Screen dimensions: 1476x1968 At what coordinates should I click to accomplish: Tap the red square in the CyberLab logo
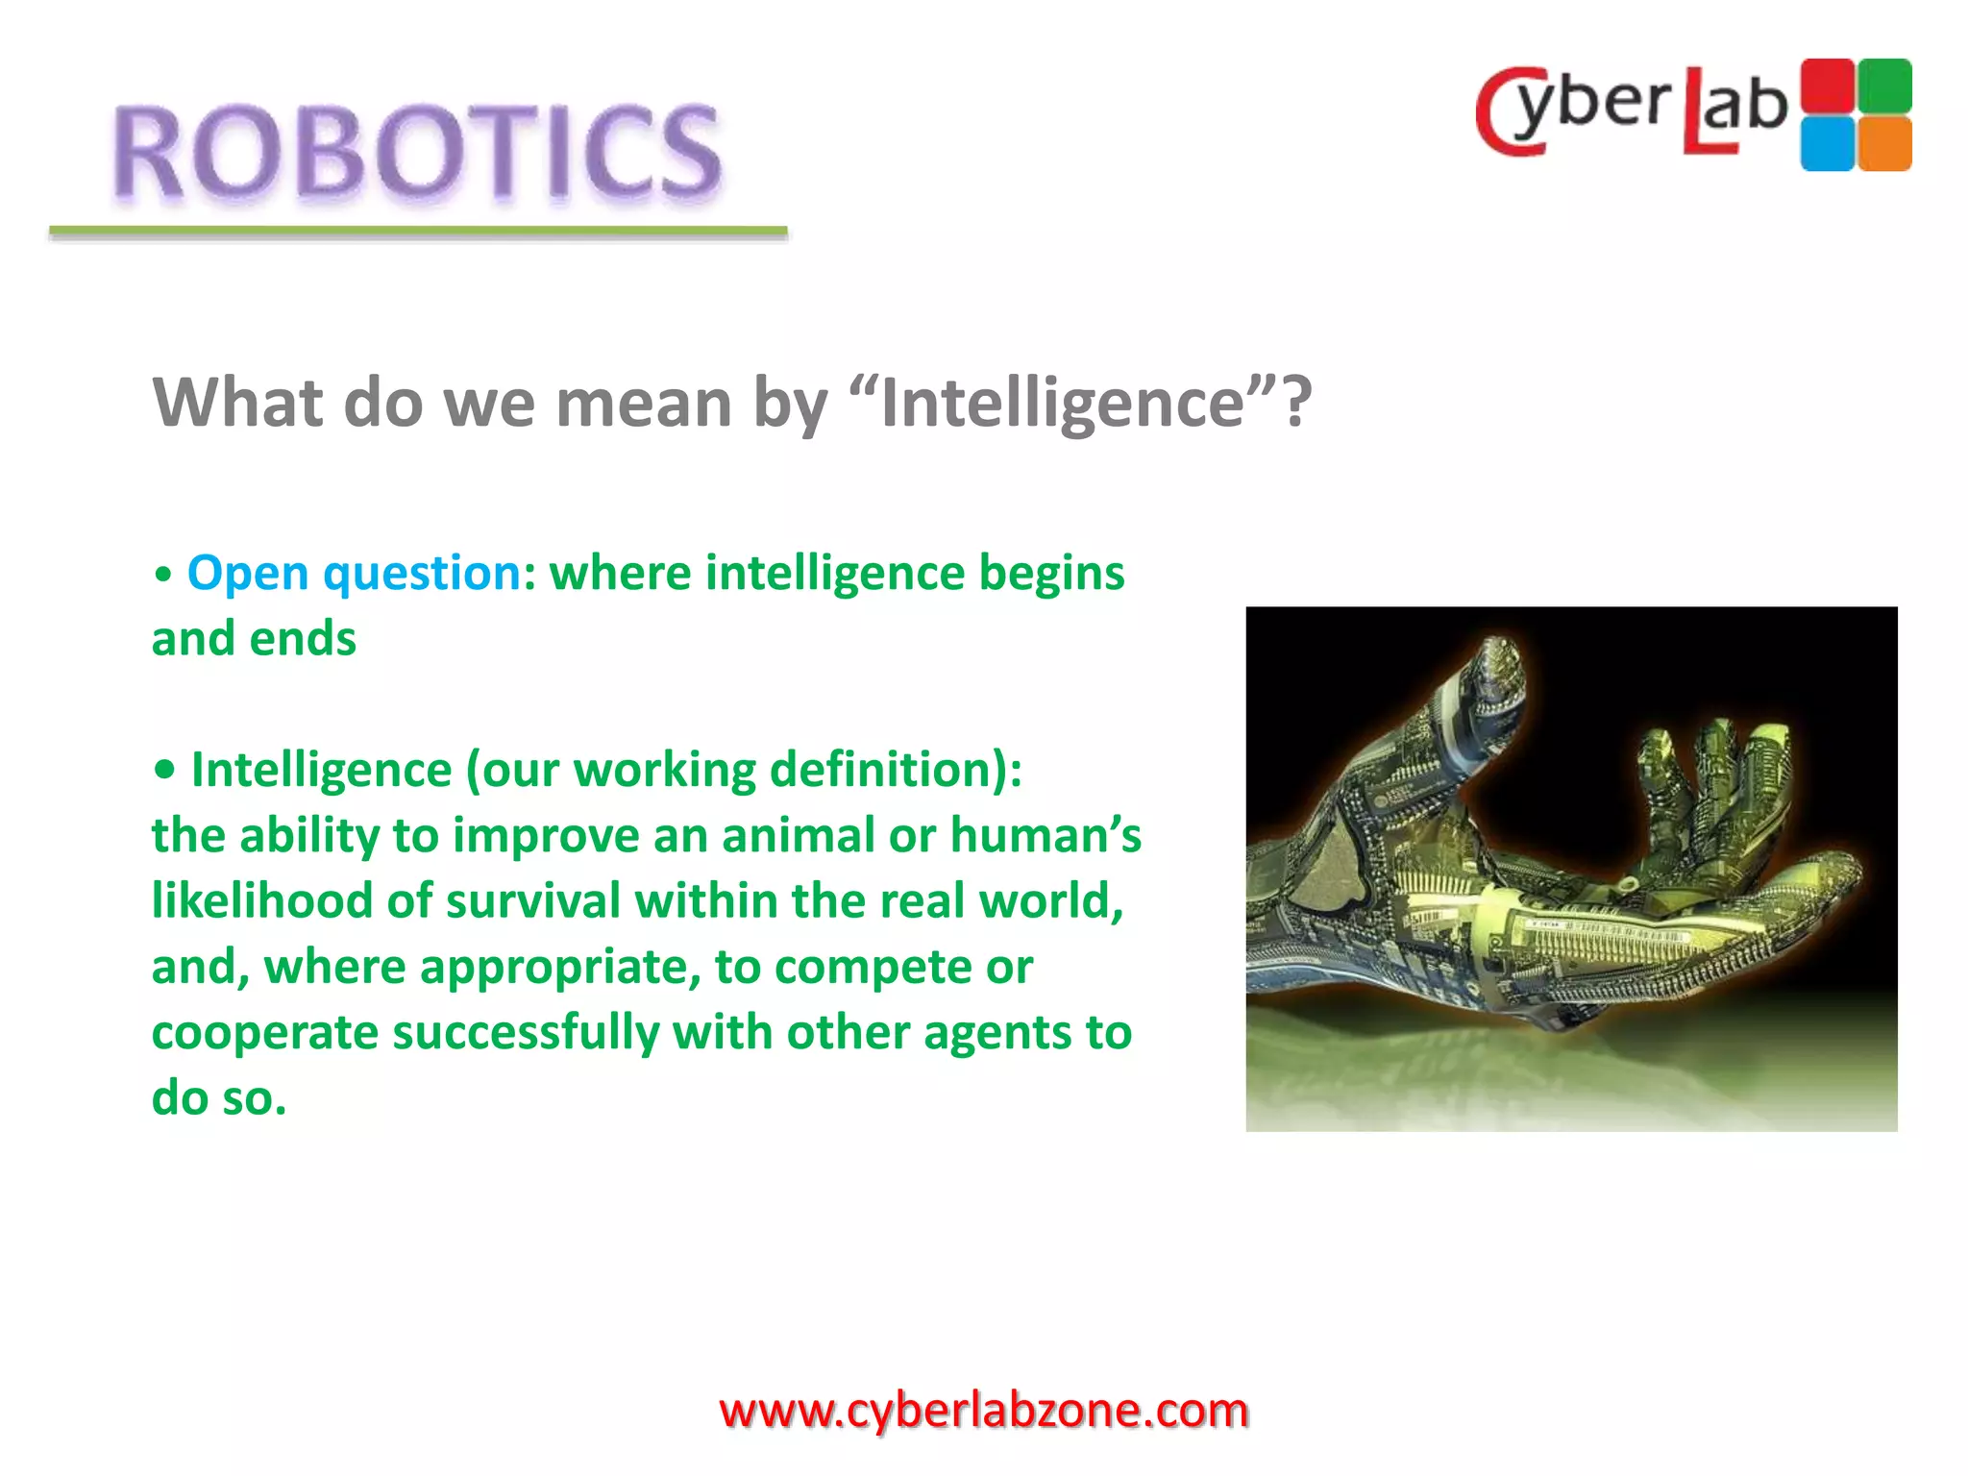[x=1826, y=86]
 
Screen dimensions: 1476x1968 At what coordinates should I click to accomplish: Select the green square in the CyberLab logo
[x=1884, y=86]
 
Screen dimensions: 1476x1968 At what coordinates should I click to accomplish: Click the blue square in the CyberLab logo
[x=1826, y=144]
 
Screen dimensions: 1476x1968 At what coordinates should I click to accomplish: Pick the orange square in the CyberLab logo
[x=1884, y=144]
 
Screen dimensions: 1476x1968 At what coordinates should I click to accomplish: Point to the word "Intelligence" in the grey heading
[x=1062, y=403]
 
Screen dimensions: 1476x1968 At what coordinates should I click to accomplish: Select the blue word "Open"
[x=247, y=574]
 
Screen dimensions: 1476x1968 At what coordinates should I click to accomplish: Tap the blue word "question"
[x=423, y=574]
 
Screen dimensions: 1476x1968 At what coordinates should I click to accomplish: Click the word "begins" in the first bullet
[x=1051, y=574]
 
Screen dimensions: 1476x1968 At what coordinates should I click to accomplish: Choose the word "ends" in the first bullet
[x=303, y=639]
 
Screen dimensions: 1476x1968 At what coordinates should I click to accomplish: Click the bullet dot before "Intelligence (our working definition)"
[x=165, y=770]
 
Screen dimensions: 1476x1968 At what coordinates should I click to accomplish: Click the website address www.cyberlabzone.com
[x=984, y=1411]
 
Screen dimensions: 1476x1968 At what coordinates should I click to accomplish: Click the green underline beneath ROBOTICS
[x=418, y=232]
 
